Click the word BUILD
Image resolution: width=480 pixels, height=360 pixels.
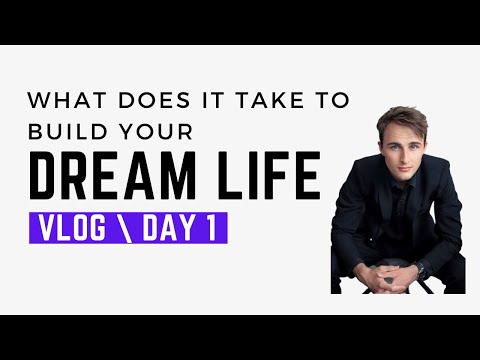pyautogui.click(x=66, y=131)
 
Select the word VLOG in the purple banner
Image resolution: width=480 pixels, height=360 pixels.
pyautogui.click(x=72, y=229)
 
